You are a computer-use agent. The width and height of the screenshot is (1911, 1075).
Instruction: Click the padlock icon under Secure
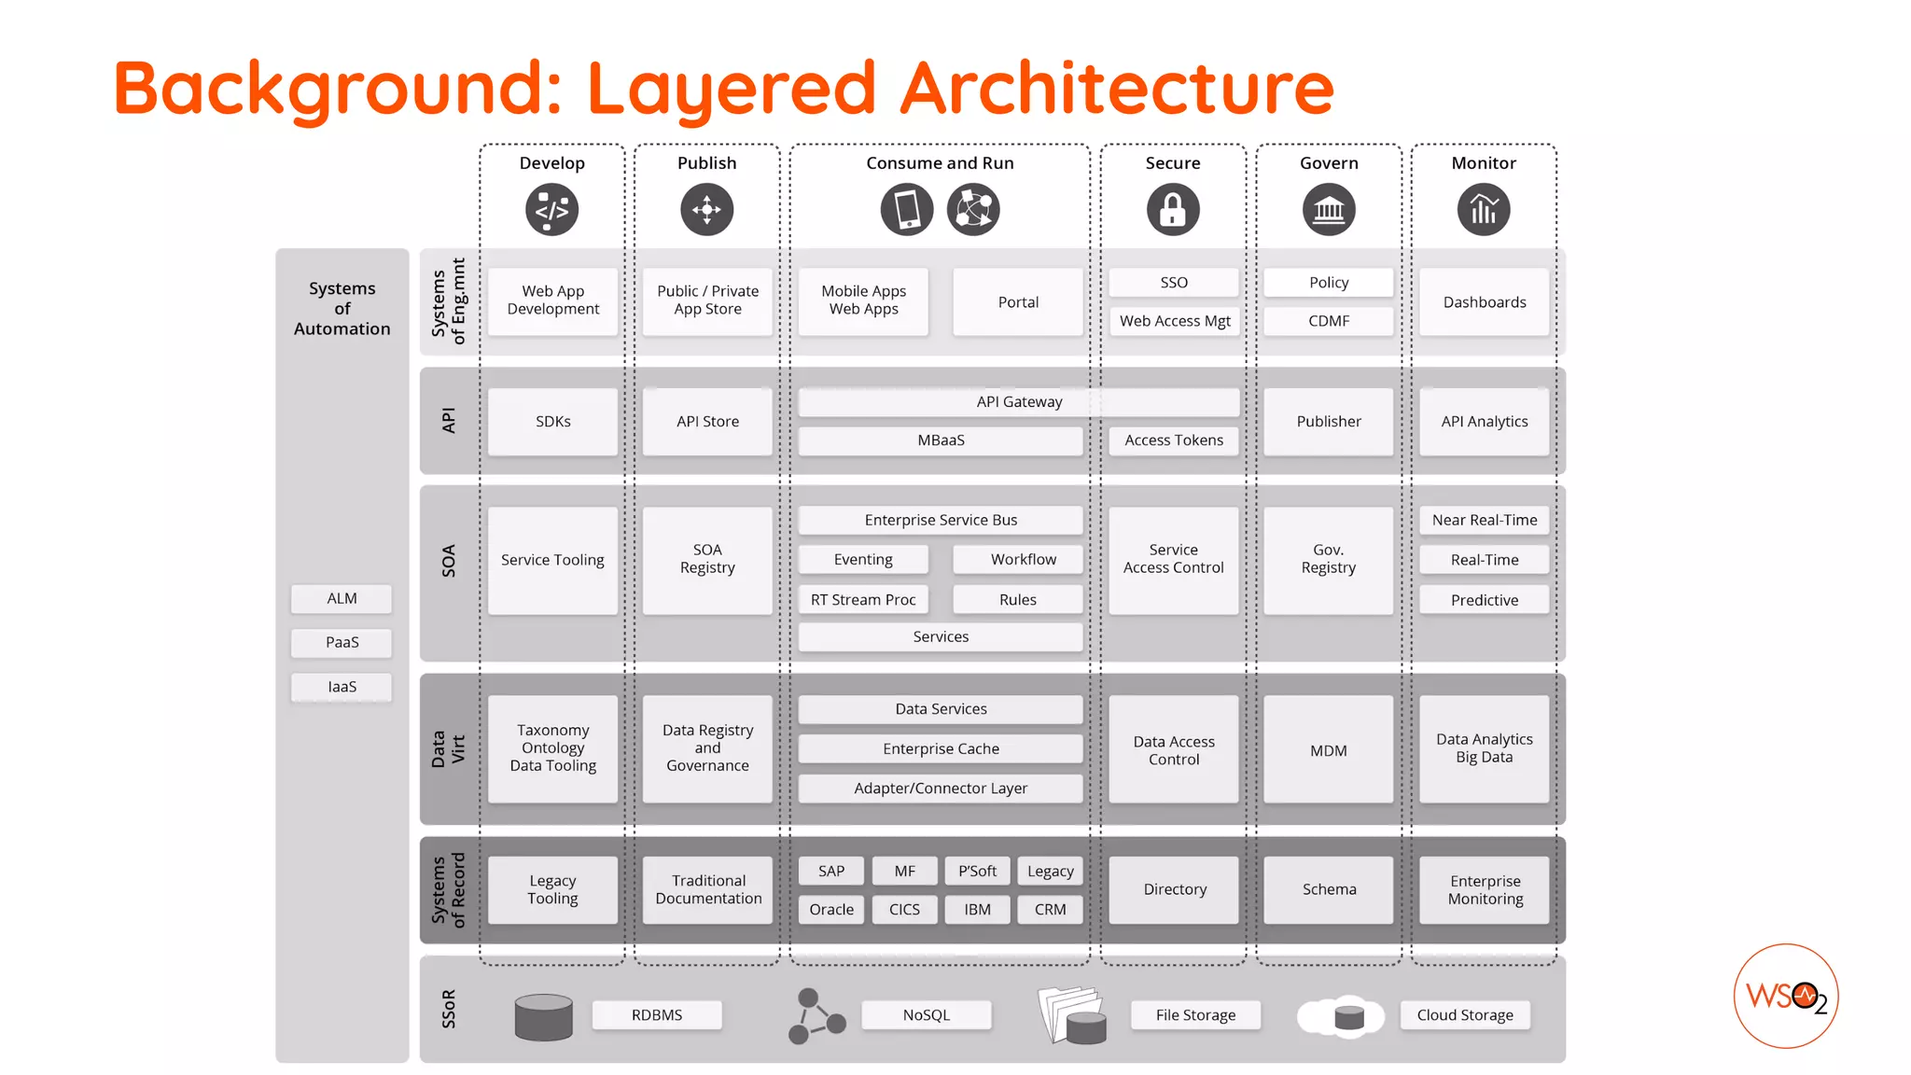(x=1173, y=209)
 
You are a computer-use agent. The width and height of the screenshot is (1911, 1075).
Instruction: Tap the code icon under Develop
(x=551, y=209)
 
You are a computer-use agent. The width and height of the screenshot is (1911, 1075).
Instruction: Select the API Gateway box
(x=1019, y=402)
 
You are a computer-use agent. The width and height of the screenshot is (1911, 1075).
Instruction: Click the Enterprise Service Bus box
(x=941, y=520)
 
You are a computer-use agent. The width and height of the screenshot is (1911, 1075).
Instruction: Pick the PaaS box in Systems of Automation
(x=342, y=642)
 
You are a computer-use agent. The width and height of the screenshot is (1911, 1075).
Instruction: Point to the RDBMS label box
(x=657, y=1014)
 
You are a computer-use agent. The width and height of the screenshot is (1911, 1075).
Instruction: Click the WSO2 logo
(x=1786, y=996)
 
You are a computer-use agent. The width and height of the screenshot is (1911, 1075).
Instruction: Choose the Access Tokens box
(x=1173, y=440)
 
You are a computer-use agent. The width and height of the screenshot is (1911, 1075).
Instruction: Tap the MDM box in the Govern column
(x=1328, y=750)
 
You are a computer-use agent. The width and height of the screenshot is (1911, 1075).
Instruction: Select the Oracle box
(x=831, y=909)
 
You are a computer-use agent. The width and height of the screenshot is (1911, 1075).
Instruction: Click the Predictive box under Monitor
(x=1484, y=600)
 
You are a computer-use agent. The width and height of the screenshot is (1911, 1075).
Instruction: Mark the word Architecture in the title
(x=1117, y=88)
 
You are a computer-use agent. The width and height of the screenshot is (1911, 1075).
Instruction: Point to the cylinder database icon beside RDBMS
(x=544, y=1016)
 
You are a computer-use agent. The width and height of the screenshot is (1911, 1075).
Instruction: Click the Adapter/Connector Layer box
(x=941, y=789)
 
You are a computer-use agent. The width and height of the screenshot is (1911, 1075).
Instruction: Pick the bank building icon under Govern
(x=1329, y=209)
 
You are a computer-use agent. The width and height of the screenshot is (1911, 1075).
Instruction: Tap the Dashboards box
(x=1484, y=302)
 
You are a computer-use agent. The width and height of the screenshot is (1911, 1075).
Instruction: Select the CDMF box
(x=1328, y=321)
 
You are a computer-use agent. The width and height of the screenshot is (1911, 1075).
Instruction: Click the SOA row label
(x=449, y=561)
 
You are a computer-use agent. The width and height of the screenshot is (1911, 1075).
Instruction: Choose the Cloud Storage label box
(x=1465, y=1014)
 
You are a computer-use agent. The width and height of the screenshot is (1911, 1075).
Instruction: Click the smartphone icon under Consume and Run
(x=907, y=209)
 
